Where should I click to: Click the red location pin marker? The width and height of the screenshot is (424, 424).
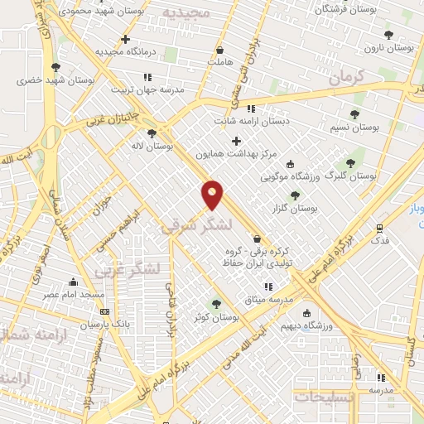pyautogui.click(x=213, y=195)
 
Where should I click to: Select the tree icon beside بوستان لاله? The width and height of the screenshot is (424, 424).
pyautogui.click(x=151, y=132)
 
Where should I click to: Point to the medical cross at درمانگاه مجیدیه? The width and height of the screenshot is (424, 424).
pyautogui.click(x=125, y=39)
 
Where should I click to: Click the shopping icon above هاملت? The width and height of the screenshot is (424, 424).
pyautogui.click(x=219, y=49)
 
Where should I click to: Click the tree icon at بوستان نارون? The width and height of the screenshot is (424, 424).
pyautogui.click(x=388, y=35)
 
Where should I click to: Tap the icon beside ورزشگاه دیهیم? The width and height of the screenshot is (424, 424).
pyautogui.click(x=307, y=313)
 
